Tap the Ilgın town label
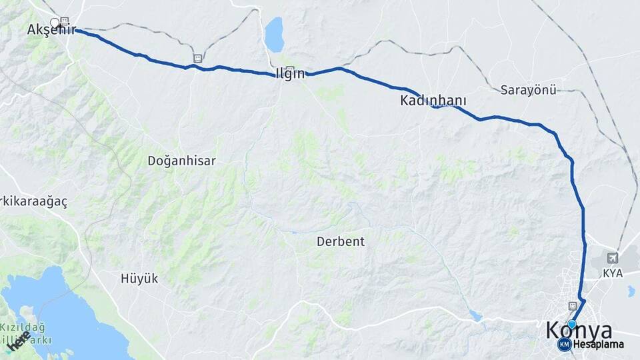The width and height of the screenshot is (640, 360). click(x=290, y=74)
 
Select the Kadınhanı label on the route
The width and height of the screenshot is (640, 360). click(x=433, y=101)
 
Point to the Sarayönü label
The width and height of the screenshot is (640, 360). click(x=528, y=90)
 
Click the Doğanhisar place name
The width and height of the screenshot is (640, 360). click(x=182, y=161)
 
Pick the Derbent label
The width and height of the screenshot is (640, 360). click(x=341, y=241)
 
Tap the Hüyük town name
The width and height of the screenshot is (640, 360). click(x=139, y=279)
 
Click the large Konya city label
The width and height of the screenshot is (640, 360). click(x=579, y=331)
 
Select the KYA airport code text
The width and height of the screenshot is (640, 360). click(x=612, y=273)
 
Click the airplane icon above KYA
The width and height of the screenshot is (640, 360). click(x=613, y=257)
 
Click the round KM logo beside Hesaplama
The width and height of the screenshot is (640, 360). click(x=564, y=345)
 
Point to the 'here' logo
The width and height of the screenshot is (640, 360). click(x=18, y=341)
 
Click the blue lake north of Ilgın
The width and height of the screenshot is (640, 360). click(x=274, y=35)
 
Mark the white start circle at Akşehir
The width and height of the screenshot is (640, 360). click(x=55, y=23)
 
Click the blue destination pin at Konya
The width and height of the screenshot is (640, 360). click(x=571, y=324)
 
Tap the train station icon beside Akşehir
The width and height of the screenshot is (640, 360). click(x=65, y=21)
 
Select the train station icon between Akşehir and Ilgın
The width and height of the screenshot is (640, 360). click(x=198, y=58)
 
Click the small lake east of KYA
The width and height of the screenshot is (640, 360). click(x=631, y=291)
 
